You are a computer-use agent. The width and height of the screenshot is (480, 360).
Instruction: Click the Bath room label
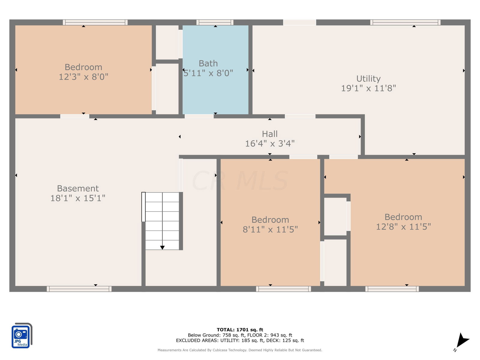(208, 63)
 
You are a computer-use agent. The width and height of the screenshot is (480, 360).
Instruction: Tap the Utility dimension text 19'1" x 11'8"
(368, 88)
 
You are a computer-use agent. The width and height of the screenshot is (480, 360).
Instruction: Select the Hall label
(270, 134)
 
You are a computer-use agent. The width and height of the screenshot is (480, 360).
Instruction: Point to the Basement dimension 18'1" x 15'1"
(78, 198)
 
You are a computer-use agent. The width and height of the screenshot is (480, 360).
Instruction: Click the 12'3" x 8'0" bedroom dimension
(83, 77)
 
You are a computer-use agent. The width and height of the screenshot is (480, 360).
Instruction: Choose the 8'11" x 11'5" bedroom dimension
(270, 229)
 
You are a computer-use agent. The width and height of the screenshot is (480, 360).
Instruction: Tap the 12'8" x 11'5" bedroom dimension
(403, 227)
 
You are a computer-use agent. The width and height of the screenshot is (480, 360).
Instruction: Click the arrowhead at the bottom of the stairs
(162, 247)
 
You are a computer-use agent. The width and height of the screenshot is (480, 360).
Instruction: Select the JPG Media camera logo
(22, 335)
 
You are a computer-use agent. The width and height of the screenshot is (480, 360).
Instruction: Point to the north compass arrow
(461, 340)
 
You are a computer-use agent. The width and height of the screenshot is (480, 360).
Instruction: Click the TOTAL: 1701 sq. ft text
(240, 330)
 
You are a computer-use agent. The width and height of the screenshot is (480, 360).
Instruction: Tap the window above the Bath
(215, 22)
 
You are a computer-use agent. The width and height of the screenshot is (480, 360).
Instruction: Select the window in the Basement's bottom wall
(79, 289)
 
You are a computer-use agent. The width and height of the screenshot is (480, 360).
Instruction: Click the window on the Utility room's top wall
(405, 22)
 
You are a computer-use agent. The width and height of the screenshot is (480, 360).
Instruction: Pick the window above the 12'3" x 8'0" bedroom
(95, 22)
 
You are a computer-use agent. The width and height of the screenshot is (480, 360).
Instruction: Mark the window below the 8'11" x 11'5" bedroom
(283, 289)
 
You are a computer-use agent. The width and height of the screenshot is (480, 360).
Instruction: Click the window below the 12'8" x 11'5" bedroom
(392, 289)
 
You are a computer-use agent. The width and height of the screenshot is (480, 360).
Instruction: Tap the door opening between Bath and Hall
(199, 116)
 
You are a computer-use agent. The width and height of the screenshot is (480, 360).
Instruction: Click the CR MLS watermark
(240, 181)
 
